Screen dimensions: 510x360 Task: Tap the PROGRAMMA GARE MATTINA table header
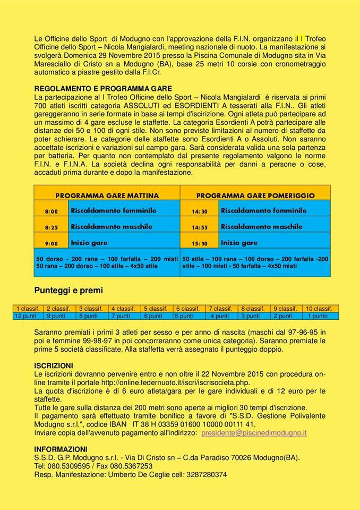tap(107, 195)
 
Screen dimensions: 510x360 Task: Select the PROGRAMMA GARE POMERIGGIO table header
tap(255, 195)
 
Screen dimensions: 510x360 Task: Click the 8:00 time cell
tap(52, 211)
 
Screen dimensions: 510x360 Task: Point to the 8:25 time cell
tap(52, 227)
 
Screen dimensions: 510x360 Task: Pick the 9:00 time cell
tap(52, 243)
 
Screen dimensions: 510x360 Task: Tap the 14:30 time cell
tap(199, 211)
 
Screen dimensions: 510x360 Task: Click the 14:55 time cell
tap(199, 227)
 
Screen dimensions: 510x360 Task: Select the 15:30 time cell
tap(199, 243)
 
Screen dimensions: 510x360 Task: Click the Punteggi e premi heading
tap(68, 291)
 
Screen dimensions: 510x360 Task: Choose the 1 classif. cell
tap(29, 309)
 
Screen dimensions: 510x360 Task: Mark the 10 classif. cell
tap(319, 309)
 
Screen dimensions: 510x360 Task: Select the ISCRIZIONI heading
tap(54, 365)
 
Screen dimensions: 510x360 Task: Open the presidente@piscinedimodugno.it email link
tap(254, 433)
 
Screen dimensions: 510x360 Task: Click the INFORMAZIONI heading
tap(61, 449)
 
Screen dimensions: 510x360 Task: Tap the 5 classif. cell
tap(158, 309)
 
